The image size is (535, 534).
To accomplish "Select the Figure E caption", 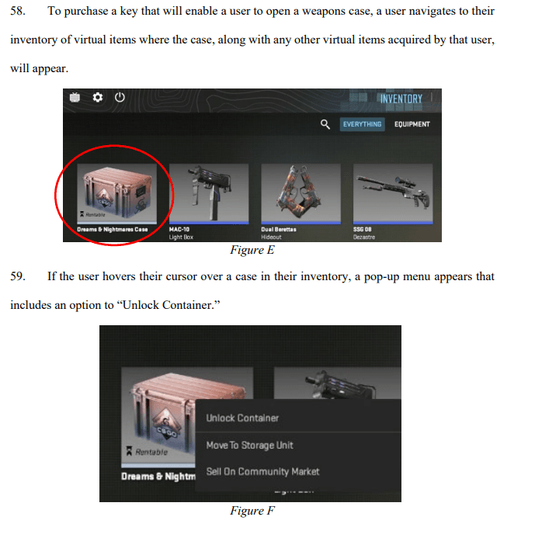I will [x=252, y=250].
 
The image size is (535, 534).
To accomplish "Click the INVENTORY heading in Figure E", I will [x=401, y=99].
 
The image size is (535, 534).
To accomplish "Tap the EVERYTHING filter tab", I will [x=362, y=124].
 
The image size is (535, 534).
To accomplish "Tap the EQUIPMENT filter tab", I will [x=411, y=124].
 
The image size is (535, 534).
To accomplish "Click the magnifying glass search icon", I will [x=325, y=124].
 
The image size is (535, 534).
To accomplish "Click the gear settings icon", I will [x=98, y=98].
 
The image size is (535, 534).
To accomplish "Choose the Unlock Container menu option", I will [x=242, y=418].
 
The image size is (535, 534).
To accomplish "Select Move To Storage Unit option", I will [x=249, y=445].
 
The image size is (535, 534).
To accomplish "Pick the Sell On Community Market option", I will [x=262, y=471].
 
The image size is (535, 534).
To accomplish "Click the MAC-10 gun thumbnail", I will [x=208, y=190].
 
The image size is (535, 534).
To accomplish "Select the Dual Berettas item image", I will [x=300, y=190].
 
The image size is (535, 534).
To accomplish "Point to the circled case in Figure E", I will [x=115, y=190].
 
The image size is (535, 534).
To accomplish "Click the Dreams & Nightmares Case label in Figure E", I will [x=113, y=230].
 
